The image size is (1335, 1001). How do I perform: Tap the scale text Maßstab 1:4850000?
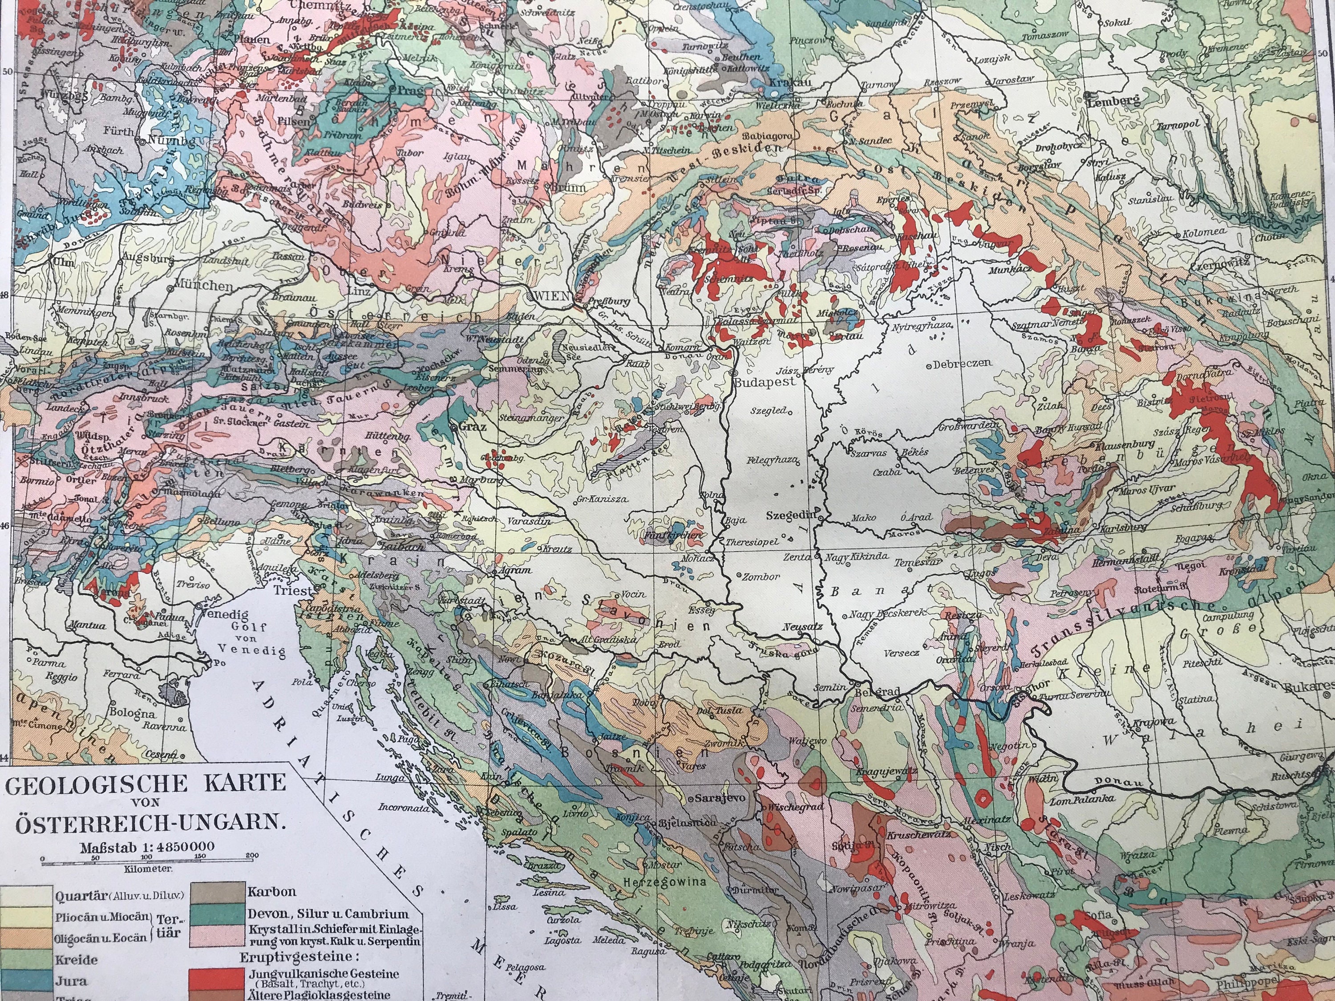coord(146,845)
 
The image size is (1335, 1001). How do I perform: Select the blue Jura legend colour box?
coord(27,981)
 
